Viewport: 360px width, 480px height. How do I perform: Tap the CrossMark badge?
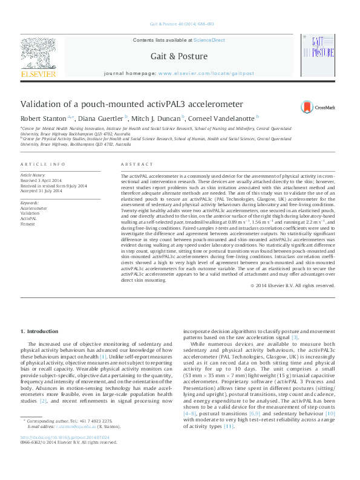[316, 108]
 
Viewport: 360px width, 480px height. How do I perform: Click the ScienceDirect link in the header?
[209, 39]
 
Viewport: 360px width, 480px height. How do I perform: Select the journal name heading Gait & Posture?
[179, 56]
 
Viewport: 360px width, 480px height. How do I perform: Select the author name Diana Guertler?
[101, 118]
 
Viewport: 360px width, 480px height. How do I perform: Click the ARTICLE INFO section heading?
[42, 164]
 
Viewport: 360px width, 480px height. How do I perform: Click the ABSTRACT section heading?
[133, 164]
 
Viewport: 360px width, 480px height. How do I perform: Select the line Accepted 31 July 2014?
[41, 190]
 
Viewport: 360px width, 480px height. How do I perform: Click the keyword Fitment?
[28, 222]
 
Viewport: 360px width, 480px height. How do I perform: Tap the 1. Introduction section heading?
[40, 331]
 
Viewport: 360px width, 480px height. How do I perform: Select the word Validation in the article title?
[42, 104]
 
